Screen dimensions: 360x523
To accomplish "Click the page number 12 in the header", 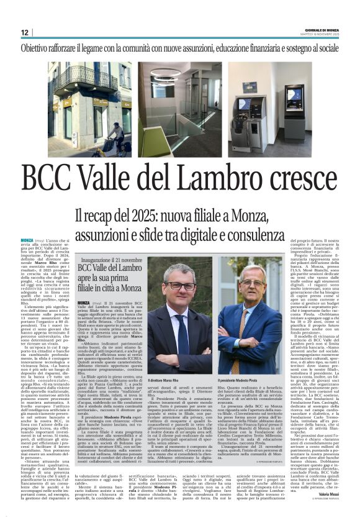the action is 25,32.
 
